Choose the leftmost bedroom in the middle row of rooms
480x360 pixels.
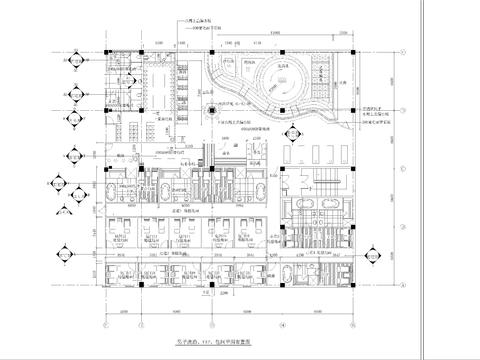click(x=123, y=233)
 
